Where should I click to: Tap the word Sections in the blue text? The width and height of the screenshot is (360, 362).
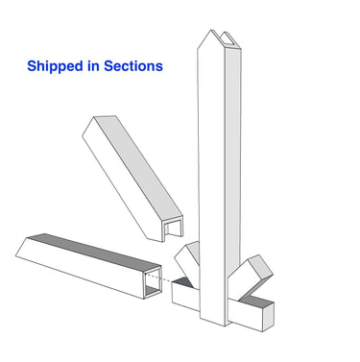tap(132, 66)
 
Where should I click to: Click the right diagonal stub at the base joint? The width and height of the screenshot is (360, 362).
tap(254, 274)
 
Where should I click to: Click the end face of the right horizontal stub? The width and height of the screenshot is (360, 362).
tap(269, 314)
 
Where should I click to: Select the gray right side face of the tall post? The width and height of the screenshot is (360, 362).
tap(231, 163)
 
